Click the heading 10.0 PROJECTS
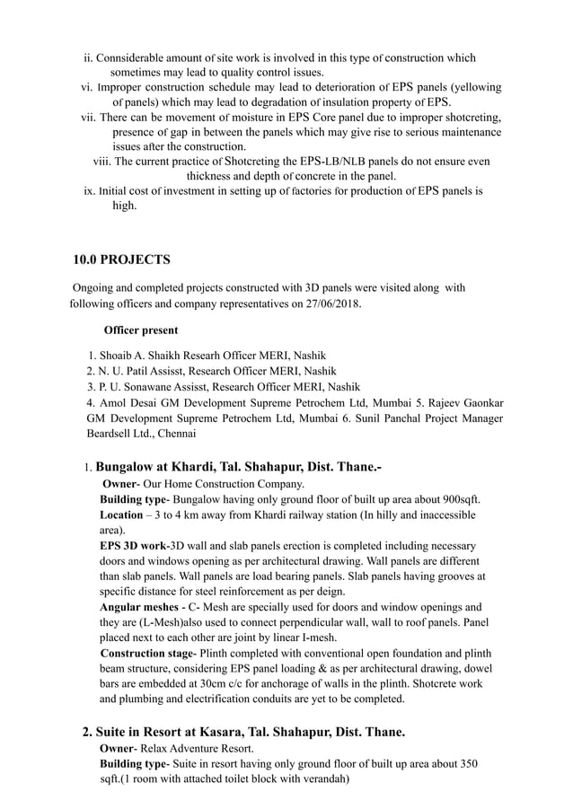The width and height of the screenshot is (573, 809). coord(121,260)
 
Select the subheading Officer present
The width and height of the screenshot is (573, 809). coord(141,330)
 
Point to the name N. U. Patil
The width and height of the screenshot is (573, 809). coord(127,371)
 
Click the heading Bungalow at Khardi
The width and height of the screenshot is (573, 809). coord(180,467)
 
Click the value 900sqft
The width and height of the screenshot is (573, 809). coord(458,499)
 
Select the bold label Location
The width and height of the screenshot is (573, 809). coord(120,515)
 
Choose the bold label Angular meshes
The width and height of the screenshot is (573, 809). coord(137,608)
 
